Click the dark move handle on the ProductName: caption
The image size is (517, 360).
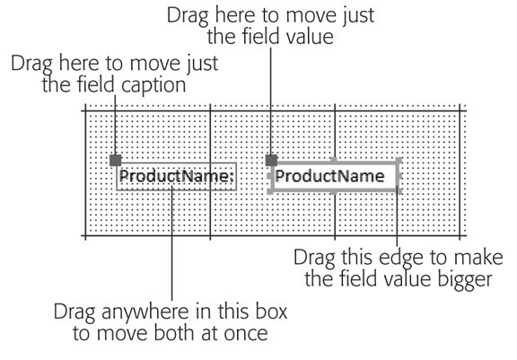pos(116,161)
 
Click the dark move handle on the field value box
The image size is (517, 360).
pos(271,161)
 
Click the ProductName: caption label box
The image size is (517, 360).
pos(177,176)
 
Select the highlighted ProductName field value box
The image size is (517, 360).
pos(335,176)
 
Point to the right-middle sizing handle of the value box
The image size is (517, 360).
pos(399,176)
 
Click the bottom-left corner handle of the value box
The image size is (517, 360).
pos(269,191)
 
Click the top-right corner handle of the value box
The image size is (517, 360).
pos(399,161)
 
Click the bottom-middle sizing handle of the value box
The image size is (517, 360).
pos(334,191)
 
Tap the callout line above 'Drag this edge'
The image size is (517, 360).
pos(397,216)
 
